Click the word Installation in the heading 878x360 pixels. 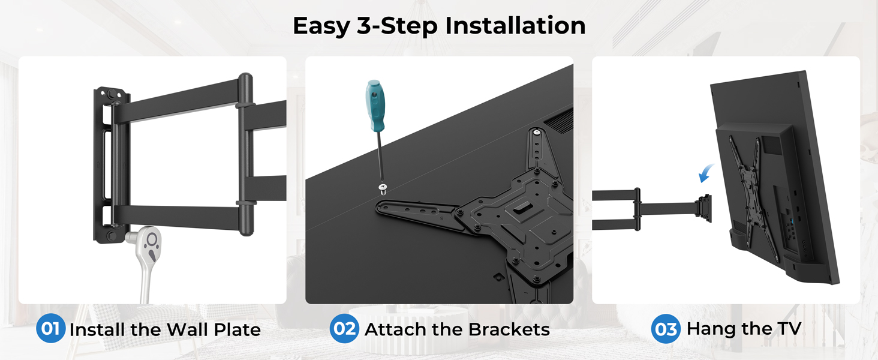coord(515,26)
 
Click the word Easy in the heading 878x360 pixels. coord(321,26)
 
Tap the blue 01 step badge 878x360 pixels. coord(50,328)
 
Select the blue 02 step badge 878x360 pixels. coord(344,328)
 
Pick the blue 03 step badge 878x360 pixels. coord(666,329)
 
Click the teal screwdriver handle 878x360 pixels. coord(375,106)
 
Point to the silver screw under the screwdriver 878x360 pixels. coord(383,189)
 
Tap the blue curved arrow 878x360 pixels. coord(706,173)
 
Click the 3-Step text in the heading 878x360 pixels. coord(396,26)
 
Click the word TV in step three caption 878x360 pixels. coord(789,328)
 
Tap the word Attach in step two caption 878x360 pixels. coord(396,329)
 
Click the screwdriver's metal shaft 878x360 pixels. coord(380,157)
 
